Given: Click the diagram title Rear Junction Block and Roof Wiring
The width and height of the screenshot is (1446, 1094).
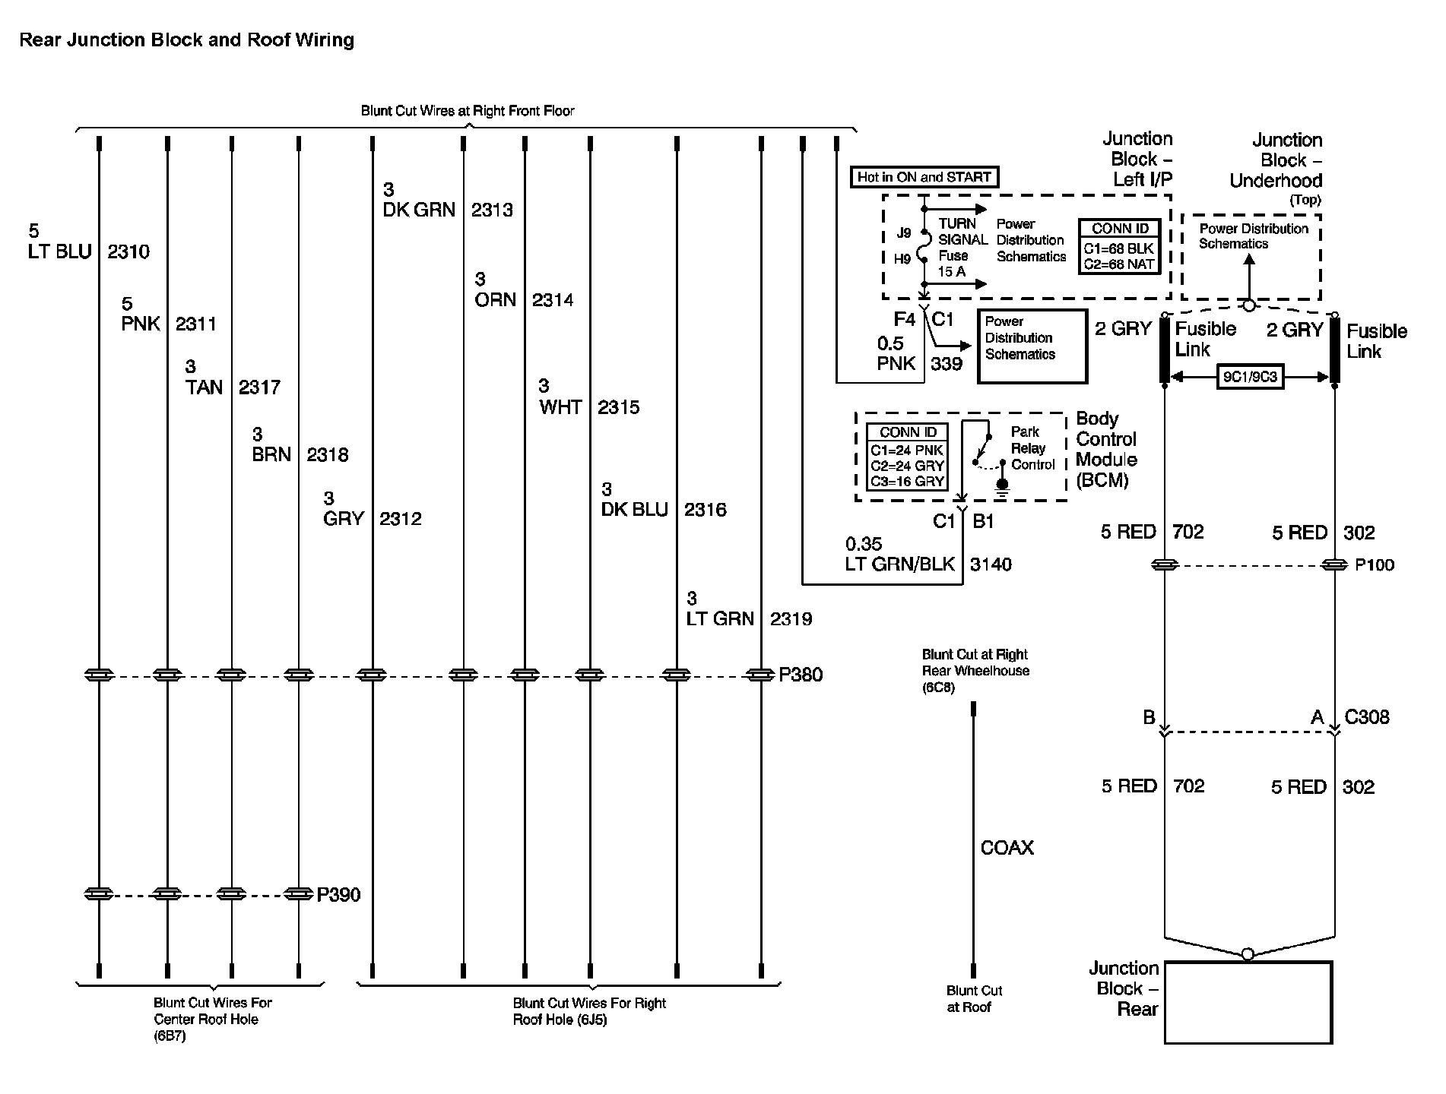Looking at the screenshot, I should point(186,40).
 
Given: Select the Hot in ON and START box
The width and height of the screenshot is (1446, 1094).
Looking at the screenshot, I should point(924,178).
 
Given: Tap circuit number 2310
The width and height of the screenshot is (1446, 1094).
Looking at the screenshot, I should point(128,251).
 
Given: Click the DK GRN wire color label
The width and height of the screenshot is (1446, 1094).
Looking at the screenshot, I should point(418,210).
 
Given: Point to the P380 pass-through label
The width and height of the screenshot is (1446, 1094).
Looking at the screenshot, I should point(801,675).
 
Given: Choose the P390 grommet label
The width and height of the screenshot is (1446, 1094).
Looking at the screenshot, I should point(338,894).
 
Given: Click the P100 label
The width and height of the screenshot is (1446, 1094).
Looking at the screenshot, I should point(1375,565).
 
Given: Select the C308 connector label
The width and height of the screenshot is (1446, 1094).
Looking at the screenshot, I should point(1367,717).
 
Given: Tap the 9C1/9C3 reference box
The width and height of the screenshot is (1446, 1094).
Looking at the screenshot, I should point(1250,378).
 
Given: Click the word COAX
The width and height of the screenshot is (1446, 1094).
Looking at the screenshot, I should point(1007,848).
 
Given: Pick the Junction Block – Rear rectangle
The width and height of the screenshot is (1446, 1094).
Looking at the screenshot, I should point(1248,1002).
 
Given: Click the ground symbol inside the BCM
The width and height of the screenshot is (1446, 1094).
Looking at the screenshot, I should point(1002,487).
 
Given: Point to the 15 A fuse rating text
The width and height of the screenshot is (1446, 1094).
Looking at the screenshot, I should point(951,271).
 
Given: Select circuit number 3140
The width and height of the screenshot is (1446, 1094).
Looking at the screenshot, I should point(991,564).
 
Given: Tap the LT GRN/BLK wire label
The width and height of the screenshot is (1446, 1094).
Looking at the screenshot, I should point(899,564).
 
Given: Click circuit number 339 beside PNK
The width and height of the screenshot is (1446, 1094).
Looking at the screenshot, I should point(947,364).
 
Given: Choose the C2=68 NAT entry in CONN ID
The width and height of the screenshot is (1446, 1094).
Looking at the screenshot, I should point(1119,264).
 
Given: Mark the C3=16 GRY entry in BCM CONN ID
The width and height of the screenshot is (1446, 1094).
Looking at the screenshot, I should point(907,481).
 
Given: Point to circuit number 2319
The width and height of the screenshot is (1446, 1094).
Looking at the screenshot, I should point(791,619).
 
